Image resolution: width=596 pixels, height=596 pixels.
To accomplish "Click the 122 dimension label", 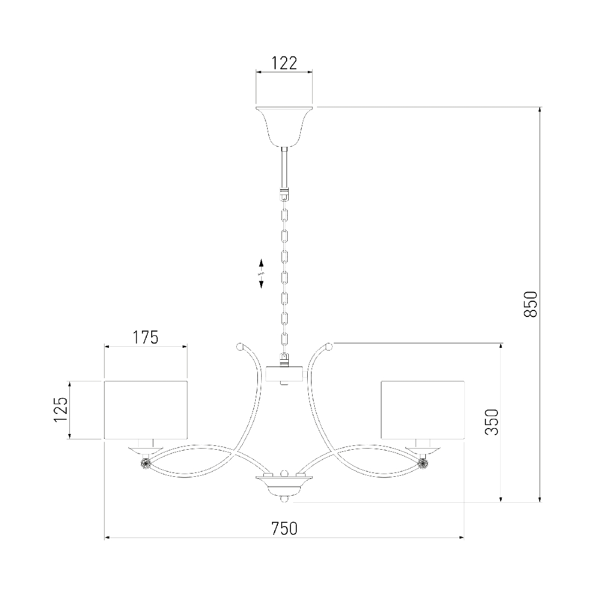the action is click(284, 63).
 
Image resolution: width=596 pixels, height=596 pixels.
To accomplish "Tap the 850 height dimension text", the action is click(530, 304).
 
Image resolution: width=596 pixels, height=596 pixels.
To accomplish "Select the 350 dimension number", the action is click(491, 422).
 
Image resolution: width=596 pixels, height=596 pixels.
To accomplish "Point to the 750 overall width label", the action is click(284, 528).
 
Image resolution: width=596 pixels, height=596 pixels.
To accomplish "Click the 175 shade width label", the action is click(146, 337).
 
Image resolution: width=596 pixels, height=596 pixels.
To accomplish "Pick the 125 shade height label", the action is click(61, 410).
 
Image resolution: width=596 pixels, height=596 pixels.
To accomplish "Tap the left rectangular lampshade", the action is click(146, 410).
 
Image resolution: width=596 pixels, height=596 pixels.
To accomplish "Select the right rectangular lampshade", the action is click(422, 410).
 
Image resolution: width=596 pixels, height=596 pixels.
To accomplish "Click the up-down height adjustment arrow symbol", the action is click(262, 273).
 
